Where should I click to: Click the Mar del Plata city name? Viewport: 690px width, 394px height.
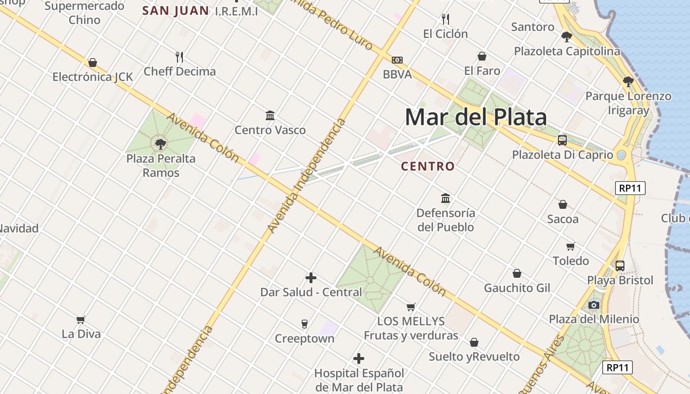tap(476, 117)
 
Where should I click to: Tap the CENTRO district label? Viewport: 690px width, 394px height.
tap(427, 166)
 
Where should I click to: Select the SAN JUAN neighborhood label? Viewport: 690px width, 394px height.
tap(175, 10)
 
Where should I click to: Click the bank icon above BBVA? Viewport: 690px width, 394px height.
tap(397, 60)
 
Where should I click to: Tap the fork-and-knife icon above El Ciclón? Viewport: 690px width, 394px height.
tap(446, 19)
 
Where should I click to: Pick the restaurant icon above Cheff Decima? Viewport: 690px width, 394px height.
tap(179, 57)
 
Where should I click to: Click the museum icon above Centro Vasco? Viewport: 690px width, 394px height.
tap(270, 116)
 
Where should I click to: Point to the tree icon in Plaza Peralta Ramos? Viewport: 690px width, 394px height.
tap(160, 144)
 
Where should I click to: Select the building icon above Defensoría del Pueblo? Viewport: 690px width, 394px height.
tap(446, 198)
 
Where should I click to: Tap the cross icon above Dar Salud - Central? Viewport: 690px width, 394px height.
tap(310, 278)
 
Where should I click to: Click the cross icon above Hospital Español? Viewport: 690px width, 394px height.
tap(359, 359)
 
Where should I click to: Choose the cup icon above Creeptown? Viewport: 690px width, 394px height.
tap(304, 324)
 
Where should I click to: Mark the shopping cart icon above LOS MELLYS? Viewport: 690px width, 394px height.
tap(411, 307)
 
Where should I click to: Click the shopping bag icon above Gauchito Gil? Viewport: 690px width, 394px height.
tap(517, 273)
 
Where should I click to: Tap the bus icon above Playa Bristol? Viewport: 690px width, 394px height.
tap(620, 266)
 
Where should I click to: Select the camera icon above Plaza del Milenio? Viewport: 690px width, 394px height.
tap(593, 305)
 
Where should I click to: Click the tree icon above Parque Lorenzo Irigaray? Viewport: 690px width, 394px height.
tap(628, 82)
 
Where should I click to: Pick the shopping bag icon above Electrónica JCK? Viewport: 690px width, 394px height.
tap(92, 63)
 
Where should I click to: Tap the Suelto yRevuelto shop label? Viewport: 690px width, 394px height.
tap(474, 357)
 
